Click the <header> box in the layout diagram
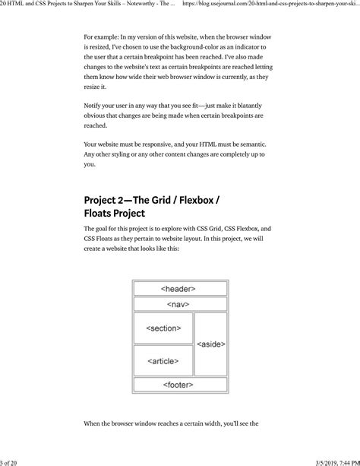pos(178,289)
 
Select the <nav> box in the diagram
pos(178,304)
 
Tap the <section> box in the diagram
pos(163,328)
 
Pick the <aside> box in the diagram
pos(210,344)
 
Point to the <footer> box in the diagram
pos(178,385)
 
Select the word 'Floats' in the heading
pos(101,214)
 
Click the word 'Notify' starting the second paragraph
pos(93,105)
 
